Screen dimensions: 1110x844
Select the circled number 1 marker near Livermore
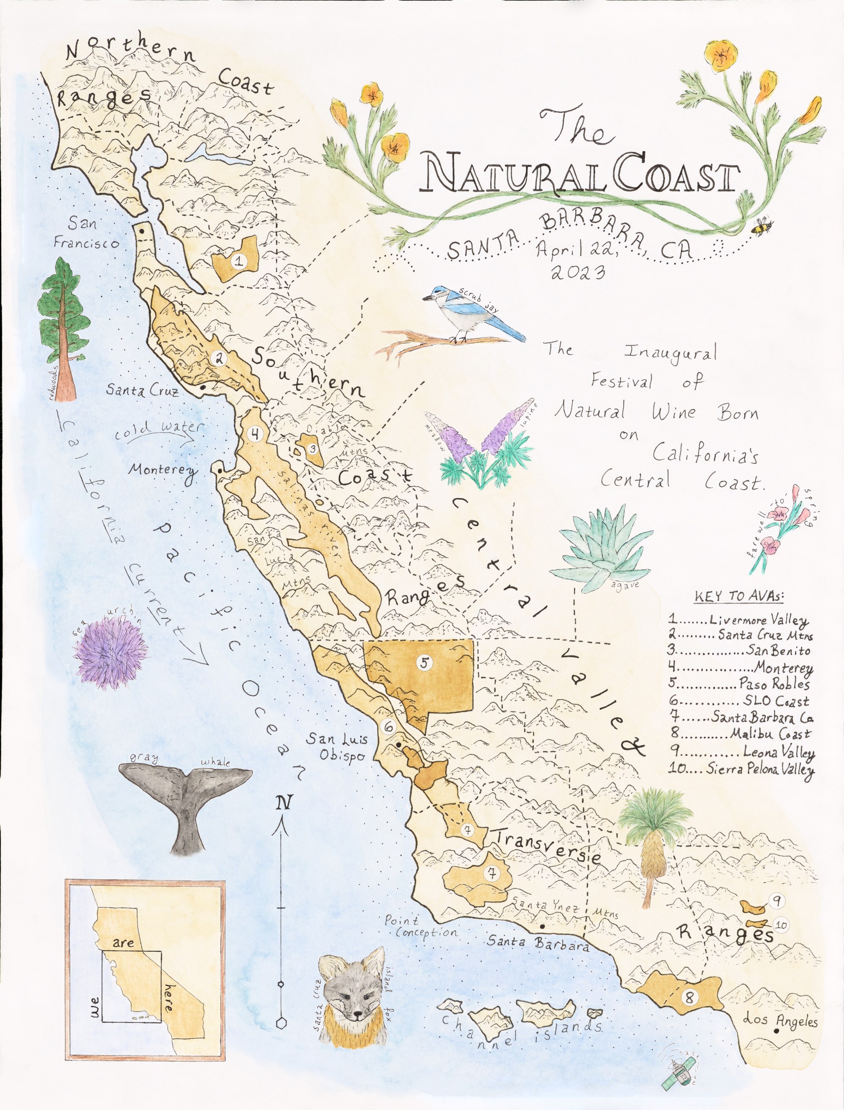239,261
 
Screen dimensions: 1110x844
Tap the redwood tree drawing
64,329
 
